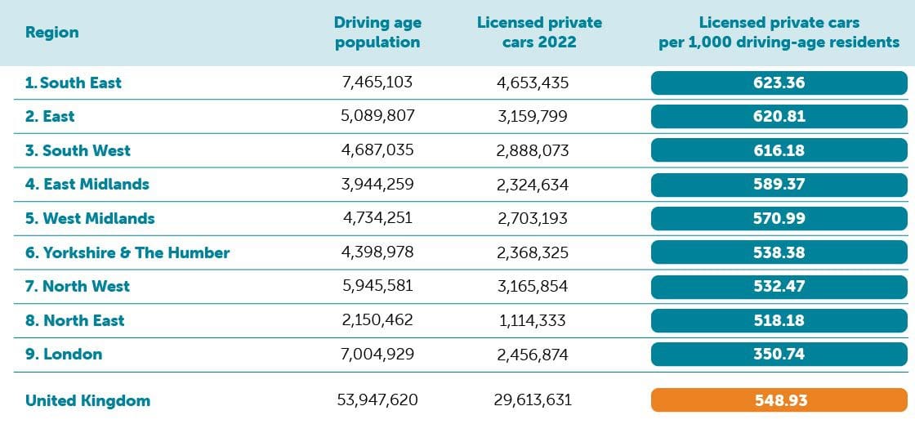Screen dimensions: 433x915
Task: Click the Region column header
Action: (x=52, y=33)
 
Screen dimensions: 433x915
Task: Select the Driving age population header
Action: (x=377, y=33)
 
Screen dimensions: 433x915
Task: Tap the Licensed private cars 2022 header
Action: (x=539, y=33)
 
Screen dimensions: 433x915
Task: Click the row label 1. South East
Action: (x=73, y=83)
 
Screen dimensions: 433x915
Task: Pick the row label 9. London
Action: (x=64, y=354)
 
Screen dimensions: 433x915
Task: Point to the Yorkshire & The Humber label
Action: (x=127, y=252)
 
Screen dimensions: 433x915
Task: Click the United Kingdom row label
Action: (x=87, y=400)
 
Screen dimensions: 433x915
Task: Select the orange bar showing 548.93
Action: (x=779, y=400)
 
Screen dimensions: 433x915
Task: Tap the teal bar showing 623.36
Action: (x=779, y=83)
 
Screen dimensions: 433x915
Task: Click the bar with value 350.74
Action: (x=779, y=354)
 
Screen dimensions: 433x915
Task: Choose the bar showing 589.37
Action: (x=779, y=184)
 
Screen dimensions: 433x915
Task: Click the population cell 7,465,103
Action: (x=377, y=83)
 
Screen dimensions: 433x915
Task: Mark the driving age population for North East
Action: (x=377, y=320)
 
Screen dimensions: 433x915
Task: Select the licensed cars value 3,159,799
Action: (x=533, y=116)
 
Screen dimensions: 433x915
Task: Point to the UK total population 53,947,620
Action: (x=377, y=400)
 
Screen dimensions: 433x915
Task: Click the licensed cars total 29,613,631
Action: (x=533, y=400)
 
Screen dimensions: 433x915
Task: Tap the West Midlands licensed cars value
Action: (x=533, y=218)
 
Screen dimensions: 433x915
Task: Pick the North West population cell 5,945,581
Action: (x=377, y=286)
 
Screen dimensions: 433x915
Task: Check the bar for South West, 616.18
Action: (x=779, y=150)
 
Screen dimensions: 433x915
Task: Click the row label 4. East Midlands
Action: (x=87, y=184)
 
